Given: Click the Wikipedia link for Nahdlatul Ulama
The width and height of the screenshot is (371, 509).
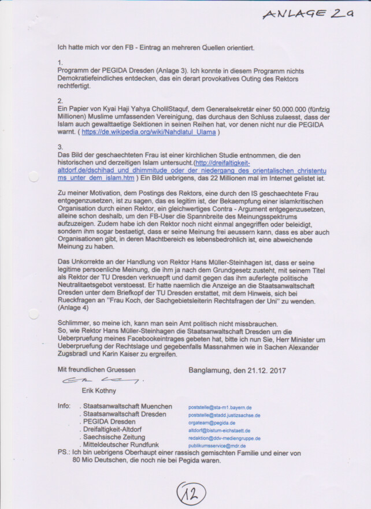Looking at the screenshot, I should click(149, 132).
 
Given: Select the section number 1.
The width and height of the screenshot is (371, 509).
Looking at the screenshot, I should click(61, 62).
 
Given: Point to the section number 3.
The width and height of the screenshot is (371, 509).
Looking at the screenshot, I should click(61, 147).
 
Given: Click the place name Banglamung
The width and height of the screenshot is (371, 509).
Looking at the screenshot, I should click(212, 369).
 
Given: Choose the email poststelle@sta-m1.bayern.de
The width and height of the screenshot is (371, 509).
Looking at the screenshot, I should click(220, 407).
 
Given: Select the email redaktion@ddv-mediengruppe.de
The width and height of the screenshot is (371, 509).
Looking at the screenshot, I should click(224, 439).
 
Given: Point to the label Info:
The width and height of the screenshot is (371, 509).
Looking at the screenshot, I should click(64, 406).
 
